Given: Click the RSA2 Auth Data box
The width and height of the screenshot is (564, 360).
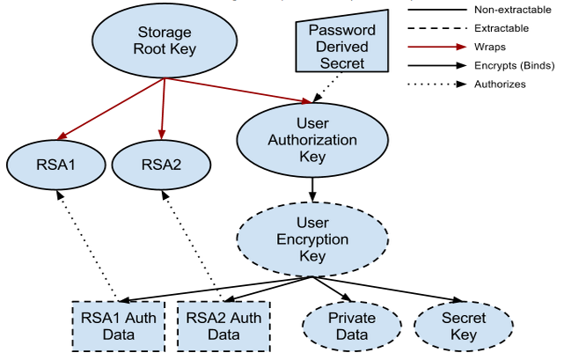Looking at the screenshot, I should point(223,327).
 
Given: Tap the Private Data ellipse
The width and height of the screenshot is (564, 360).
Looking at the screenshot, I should point(348,327).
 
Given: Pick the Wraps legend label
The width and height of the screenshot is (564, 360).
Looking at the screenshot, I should point(489,47).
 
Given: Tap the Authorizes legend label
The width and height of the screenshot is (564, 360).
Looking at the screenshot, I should point(499,84).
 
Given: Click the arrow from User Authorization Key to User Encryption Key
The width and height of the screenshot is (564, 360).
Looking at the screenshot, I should point(311,187).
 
